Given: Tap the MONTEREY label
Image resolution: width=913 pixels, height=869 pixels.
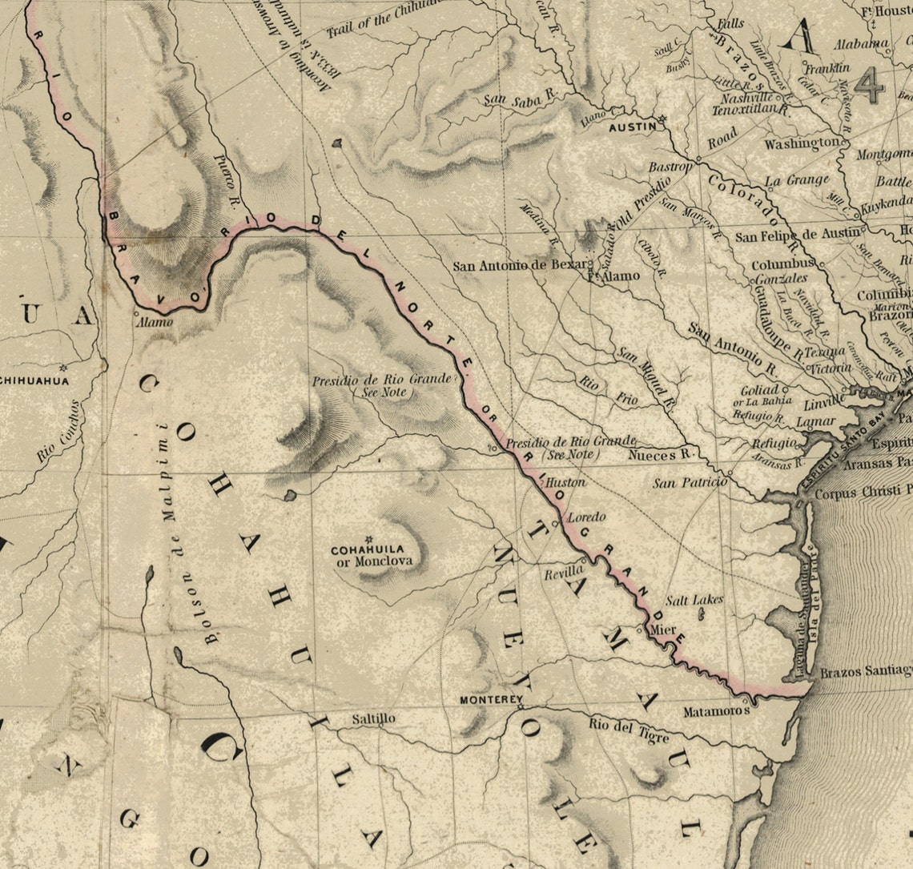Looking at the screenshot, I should [x=488, y=699].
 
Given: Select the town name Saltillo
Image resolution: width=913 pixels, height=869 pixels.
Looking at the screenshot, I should [x=373, y=719].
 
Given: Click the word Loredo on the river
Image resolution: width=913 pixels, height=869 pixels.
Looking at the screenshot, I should [x=586, y=517].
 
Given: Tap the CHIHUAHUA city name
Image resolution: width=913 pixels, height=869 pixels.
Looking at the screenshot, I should [x=35, y=380].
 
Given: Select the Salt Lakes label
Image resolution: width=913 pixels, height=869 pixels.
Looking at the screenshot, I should [x=694, y=600].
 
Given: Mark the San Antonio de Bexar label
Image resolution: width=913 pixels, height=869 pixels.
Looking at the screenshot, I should [x=521, y=266].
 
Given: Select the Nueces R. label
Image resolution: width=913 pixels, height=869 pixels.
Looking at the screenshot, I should [x=660, y=455].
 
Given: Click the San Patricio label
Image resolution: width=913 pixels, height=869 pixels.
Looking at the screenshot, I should [x=689, y=483].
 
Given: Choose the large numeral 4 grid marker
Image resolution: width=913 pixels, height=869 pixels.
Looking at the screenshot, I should [x=868, y=85].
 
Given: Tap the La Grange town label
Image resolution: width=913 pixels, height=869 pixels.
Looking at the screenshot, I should [x=797, y=181].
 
